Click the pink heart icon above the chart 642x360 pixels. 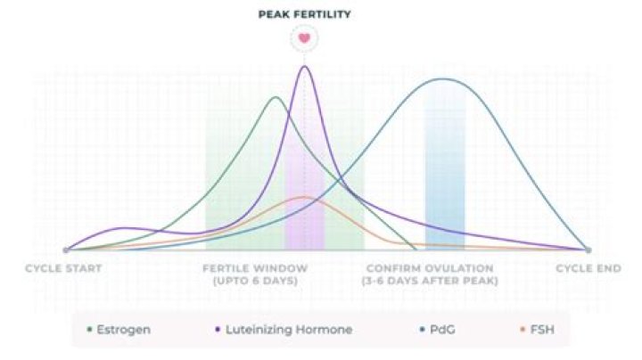pos(305,38)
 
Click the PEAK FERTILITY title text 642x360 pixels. pos(305,14)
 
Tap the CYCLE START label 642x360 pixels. pos(63,268)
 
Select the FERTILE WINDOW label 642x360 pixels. pos(255,268)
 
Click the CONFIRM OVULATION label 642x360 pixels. pos(430,268)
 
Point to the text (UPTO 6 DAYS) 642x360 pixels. pos(255,281)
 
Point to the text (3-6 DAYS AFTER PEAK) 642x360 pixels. pos(430,281)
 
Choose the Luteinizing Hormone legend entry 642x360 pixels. pos(284,330)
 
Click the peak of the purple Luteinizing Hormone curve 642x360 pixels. pos(305,67)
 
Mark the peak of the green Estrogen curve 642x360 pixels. pos(276,97)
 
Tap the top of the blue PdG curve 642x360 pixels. pos(442,79)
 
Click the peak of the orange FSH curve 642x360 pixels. pos(303,197)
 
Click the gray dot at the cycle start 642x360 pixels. pos(66,250)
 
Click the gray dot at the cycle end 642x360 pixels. pos(588,250)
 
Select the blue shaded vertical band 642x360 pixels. pos(445,178)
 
